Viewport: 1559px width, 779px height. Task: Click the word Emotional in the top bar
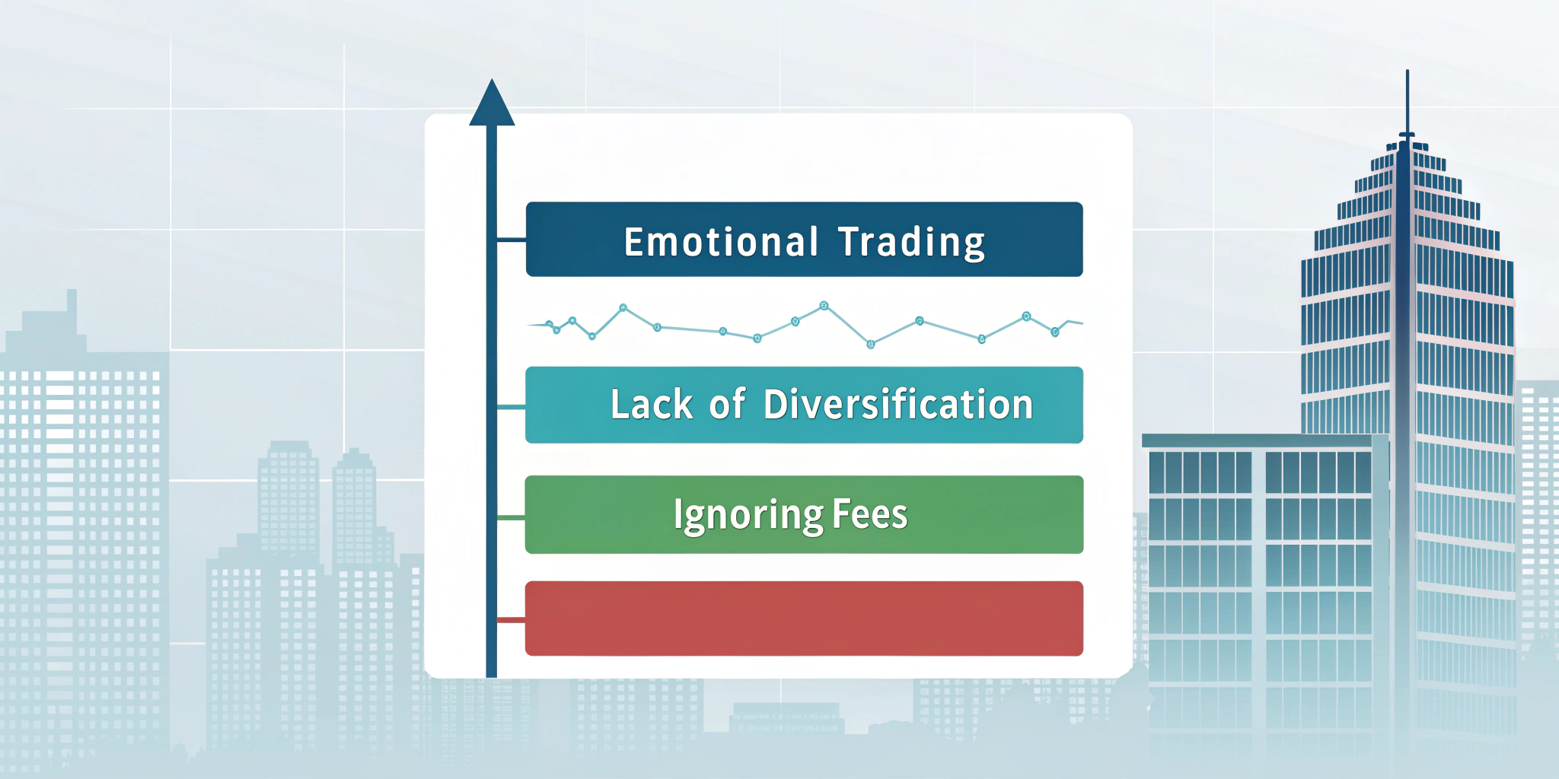point(721,242)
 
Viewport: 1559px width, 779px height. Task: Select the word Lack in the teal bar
point(652,404)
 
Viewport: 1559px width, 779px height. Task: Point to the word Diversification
point(898,404)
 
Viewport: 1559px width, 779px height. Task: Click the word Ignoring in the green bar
point(748,516)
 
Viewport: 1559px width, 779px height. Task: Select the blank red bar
point(804,618)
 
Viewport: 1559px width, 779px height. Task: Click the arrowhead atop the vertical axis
point(492,102)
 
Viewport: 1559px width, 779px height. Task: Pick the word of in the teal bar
point(727,404)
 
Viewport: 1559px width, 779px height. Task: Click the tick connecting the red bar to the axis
point(511,620)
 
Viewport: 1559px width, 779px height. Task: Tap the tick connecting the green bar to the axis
point(511,517)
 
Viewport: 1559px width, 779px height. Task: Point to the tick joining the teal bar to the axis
point(511,408)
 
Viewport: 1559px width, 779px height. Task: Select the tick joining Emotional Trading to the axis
point(511,240)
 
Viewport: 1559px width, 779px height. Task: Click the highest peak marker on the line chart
point(824,306)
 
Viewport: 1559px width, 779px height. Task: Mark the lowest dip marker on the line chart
point(871,345)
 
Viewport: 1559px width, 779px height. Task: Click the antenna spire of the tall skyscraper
point(1407,103)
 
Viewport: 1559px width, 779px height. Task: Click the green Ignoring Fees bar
point(804,514)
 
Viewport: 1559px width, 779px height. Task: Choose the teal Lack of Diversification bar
point(804,405)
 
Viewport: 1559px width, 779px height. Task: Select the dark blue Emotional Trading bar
point(804,239)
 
